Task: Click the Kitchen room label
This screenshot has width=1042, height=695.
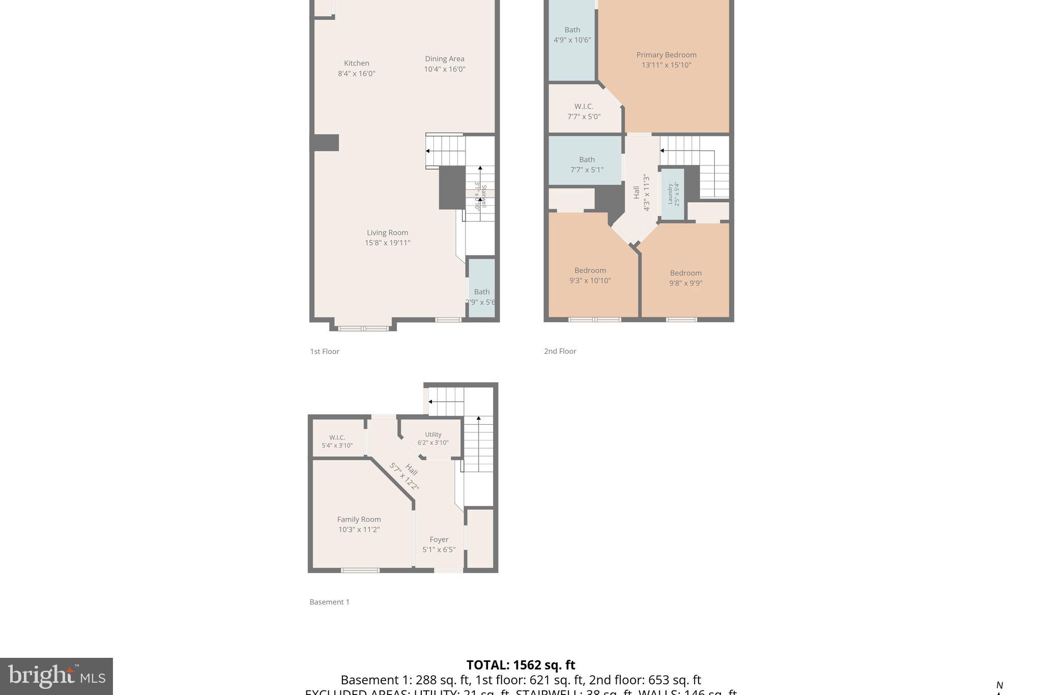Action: [356, 63]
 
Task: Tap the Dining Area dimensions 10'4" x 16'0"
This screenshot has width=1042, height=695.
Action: [445, 69]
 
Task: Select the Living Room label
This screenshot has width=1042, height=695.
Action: [387, 233]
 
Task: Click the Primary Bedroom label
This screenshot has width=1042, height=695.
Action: [666, 55]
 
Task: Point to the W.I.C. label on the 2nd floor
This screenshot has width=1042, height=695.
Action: [584, 106]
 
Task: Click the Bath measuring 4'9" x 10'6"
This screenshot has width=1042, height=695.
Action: [572, 35]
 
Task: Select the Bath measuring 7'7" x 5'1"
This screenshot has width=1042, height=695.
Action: [587, 164]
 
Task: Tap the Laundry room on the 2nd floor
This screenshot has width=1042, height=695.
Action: [673, 194]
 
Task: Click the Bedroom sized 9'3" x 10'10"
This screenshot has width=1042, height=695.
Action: [590, 275]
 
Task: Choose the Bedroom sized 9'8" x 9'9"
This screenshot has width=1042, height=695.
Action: [685, 278]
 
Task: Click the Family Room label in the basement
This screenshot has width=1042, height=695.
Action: [359, 519]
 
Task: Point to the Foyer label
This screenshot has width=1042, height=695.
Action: [439, 540]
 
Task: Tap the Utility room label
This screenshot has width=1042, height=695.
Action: [433, 435]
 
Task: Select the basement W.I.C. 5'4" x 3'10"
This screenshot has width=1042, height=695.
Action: [337, 441]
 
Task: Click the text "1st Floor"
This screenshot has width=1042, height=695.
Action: [325, 351]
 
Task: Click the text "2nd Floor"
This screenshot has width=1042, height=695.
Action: [560, 351]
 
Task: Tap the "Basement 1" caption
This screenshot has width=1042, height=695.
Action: [329, 602]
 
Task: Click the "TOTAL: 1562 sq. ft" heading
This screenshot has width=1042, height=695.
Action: [520, 665]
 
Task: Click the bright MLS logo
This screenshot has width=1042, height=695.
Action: [56, 676]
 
